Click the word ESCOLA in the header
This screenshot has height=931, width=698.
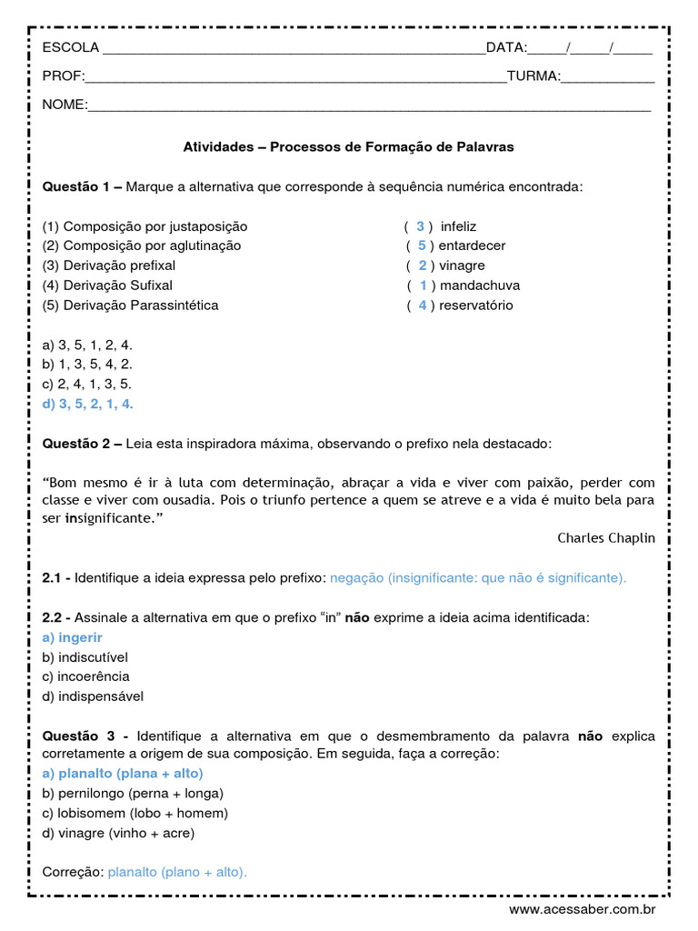pyautogui.click(x=71, y=48)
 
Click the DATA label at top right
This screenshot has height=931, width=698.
pyautogui.click(x=506, y=48)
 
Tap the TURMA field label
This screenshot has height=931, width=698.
pyautogui.click(x=533, y=76)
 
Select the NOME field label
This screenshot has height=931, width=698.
pyautogui.click(x=64, y=105)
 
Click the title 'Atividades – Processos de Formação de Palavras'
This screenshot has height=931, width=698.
pyautogui.click(x=348, y=146)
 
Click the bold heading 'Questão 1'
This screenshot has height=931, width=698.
pyautogui.click(x=82, y=186)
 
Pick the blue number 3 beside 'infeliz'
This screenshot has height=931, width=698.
pyautogui.click(x=420, y=226)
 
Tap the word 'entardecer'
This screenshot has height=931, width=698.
pyautogui.click(x=472, y=245)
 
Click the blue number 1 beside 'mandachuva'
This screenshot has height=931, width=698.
pyautogui.click(x=423, y=285)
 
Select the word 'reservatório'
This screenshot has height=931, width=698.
pyautogui.click(x=476, y=305)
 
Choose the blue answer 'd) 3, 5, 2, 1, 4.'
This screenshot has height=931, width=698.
pyautogui.click(x=88, y=405)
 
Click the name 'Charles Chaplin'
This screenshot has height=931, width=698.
pyautogui.click(x=605, y=538)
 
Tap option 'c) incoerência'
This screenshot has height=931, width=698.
pyautogui.click(x=86, y=676)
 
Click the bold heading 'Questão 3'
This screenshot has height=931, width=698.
pyautogui.click(x=82, y=735)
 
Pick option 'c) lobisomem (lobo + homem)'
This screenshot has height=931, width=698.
pyautogui.click(x=135, y=813)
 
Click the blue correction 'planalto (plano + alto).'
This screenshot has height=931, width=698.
pyautogui.click(x=177, y=872)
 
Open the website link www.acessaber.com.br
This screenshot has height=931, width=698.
pyautogui.click(x=582, y=909)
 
